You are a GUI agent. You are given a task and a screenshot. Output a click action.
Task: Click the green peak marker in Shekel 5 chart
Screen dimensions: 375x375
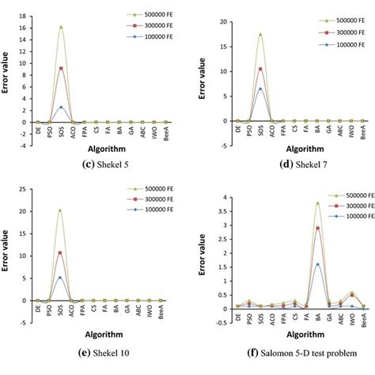[x=61, y=27]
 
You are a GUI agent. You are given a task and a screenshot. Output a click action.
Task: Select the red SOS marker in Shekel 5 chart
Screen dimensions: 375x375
[x=61, y=69]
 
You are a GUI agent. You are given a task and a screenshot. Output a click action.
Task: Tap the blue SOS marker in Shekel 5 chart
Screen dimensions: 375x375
[x=61, y=107]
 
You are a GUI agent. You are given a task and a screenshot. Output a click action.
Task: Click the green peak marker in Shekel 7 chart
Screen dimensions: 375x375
[x=259, y=34]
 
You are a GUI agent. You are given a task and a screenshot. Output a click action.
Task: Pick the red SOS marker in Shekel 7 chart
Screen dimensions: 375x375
[x=259, y=69]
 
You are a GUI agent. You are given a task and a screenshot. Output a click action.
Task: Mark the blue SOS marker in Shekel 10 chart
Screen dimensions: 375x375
[x=60, y=278]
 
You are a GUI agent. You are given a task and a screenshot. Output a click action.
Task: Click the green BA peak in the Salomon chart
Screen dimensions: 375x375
[x=317, y=203]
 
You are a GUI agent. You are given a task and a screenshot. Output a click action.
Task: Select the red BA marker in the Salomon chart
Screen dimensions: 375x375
[x=317, y=229]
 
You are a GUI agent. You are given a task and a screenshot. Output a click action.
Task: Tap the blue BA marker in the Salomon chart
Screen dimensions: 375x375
[x=317, y=265]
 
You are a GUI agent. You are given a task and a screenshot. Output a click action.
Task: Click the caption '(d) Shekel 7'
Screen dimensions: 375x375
[x=282, y=162]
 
